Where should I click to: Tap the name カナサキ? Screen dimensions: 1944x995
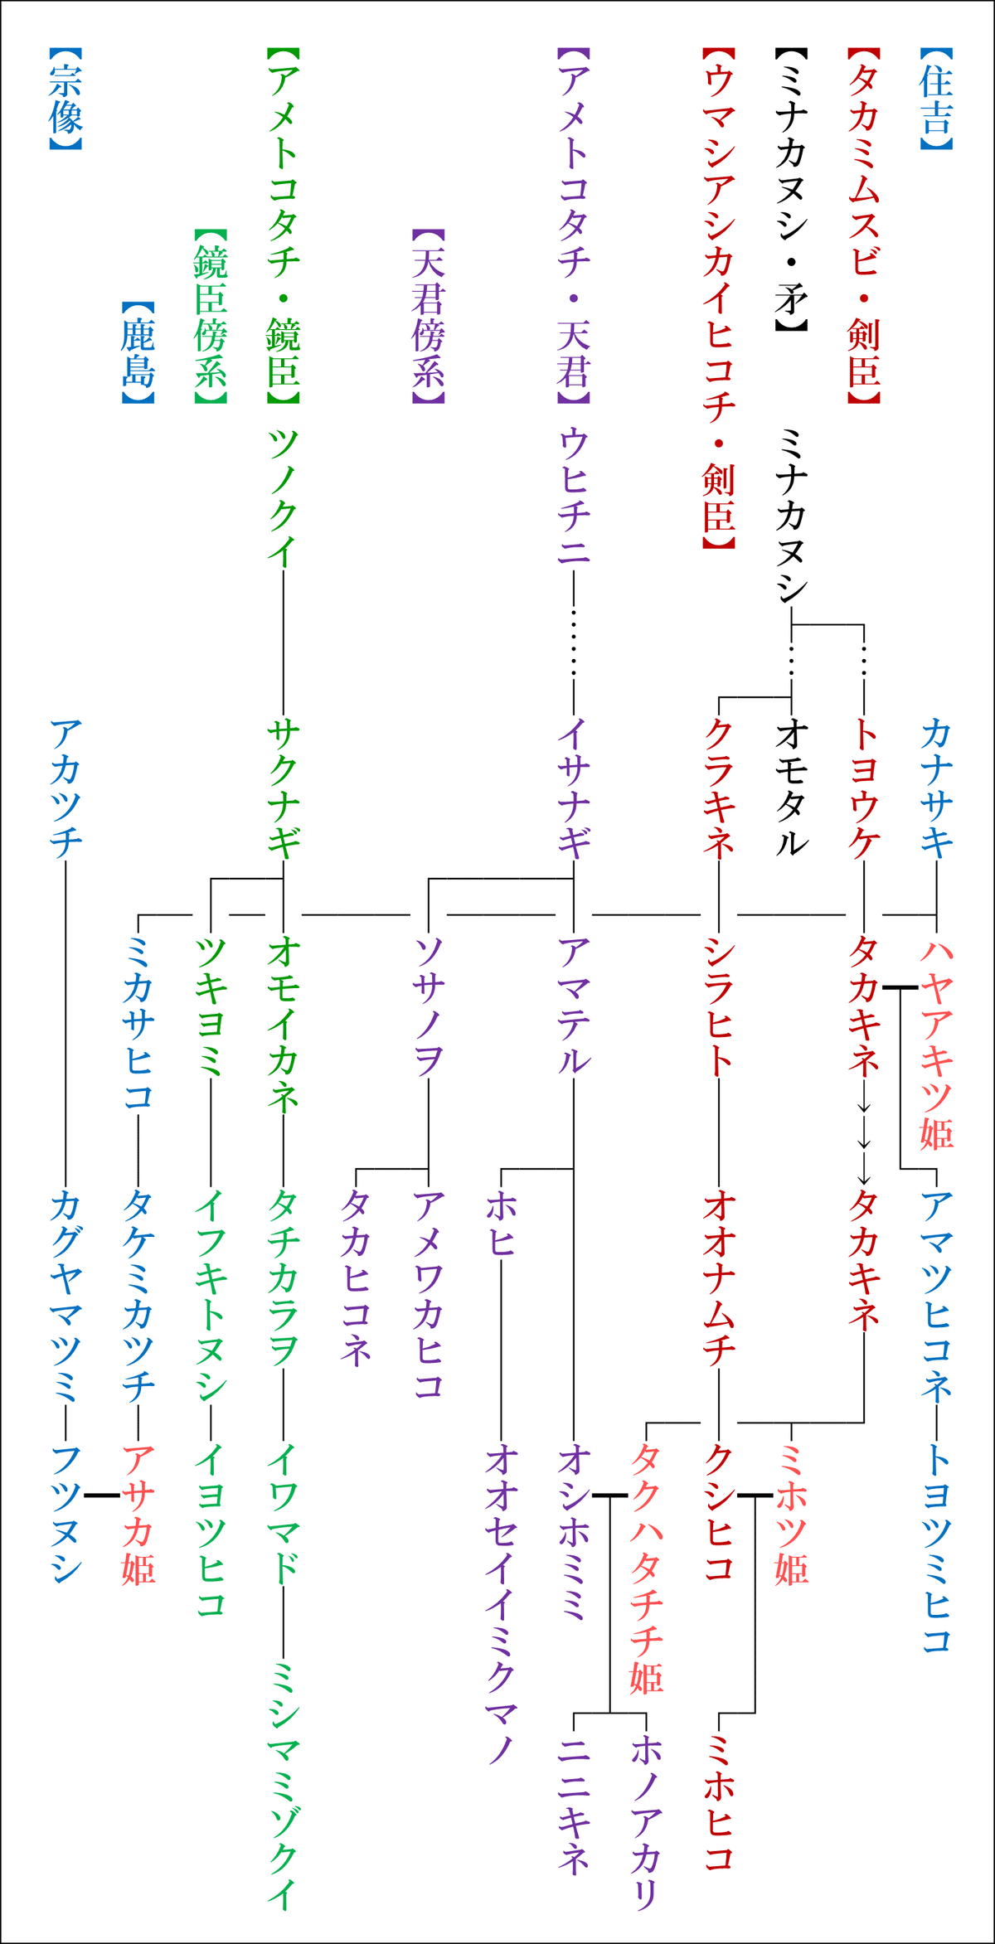[x=936, y=788]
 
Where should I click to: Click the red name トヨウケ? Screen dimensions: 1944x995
[x=864, y=788]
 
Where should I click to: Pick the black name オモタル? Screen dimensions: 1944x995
[x=791, y=788]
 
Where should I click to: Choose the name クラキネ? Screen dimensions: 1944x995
[x=719, y=788]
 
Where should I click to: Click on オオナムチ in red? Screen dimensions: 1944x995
[x=719, y=1280]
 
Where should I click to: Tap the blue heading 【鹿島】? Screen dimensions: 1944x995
[x=138, y=353]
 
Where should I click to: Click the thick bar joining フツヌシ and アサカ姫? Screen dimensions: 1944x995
[x=102, y=1495]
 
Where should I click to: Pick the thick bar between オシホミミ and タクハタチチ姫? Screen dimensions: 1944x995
[x=609, y=1495]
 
